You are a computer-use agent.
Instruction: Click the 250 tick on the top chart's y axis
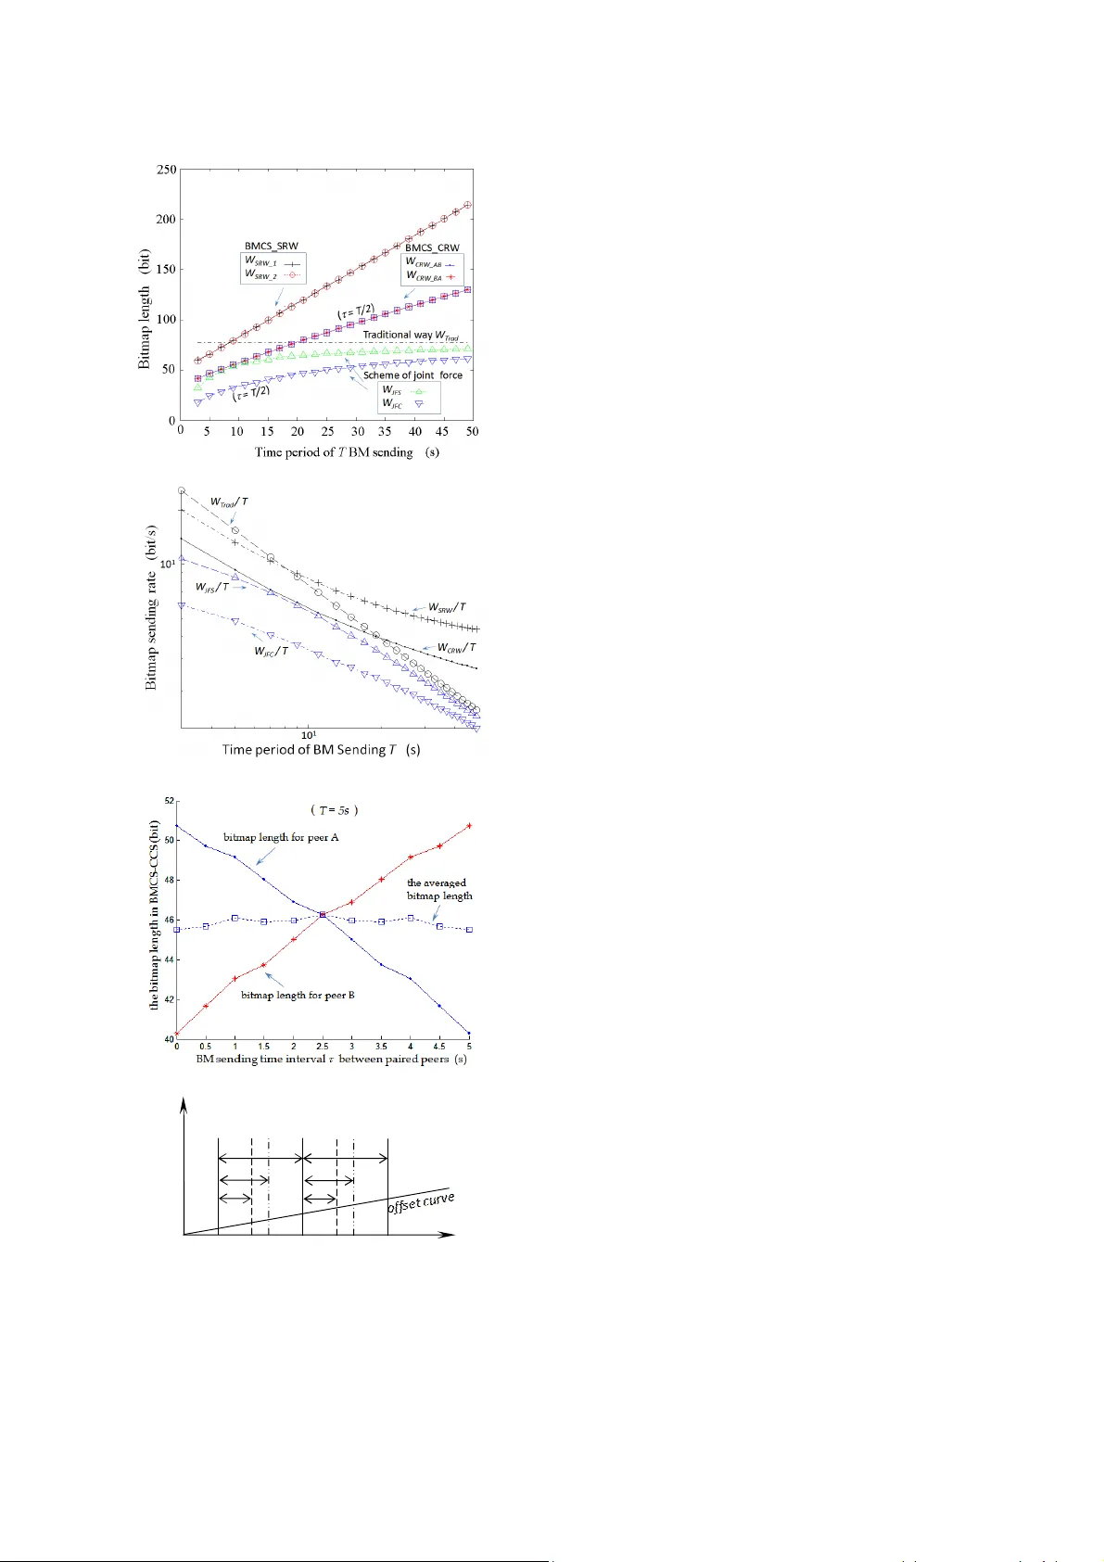[166, 170]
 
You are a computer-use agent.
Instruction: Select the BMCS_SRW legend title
[271, 247]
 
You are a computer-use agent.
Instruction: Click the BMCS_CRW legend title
[432, 248]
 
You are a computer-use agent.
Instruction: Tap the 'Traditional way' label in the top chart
[410, 335]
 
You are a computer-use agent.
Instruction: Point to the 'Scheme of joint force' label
[412, 375]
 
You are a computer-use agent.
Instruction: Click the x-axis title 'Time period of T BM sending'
[347, 452]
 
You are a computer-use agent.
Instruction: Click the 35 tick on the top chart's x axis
[385, 432]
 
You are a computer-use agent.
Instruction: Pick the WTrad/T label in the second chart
[228, 502]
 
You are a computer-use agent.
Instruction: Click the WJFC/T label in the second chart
[271, 651]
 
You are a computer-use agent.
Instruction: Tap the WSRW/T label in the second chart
[447, 608]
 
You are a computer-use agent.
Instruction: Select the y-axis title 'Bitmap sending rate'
[151, 607]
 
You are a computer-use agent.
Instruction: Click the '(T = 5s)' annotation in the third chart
[333, 809]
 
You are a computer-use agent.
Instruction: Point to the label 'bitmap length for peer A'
[281, 837]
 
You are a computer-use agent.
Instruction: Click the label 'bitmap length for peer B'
[298, 995]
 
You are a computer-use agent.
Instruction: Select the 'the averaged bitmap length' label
[438, 889]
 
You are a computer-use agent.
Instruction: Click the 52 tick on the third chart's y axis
[169, 800]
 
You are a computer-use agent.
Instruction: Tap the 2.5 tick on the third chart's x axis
[323, 1047]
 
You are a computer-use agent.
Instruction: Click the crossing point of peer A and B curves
[322, 915]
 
